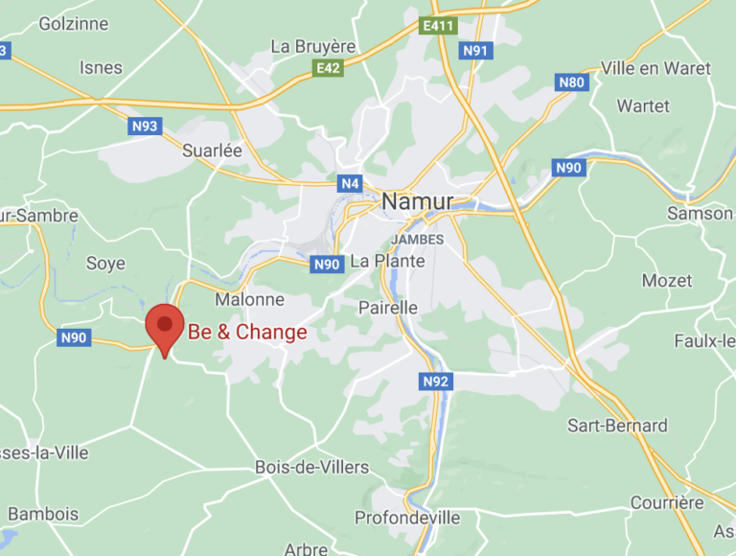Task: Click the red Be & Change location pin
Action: pos(165,326)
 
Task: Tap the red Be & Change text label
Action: pos(247,333)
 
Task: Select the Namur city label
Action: pos(418,201)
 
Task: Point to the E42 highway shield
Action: pos(328,68)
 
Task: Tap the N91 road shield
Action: pos(475,50)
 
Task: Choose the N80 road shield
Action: pos(571,82)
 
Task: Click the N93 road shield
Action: pos(145,126)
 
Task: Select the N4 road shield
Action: pos(348,182)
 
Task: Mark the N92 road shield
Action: pos(435,382)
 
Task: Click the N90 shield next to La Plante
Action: pos(327,264)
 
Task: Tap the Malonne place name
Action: pos(249,299)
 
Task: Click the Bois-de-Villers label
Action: pos(311,467)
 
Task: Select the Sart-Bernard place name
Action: pos(617,425)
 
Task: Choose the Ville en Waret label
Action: pos(655,68)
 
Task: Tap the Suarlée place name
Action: pos(213,151)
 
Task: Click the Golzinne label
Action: pos(74,24)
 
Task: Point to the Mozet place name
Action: pos(667,281)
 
